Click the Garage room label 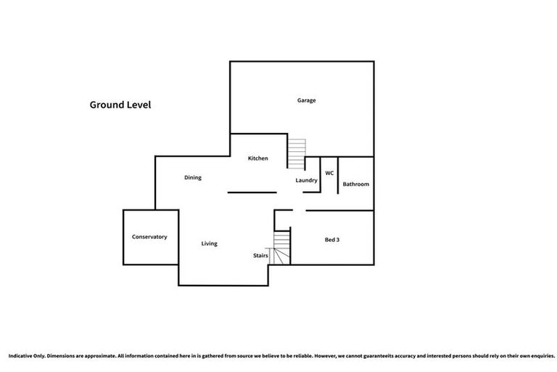pyautogui.click(x=306, y=100)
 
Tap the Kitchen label pyautogui.click(x=258, y=158)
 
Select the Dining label pyautogui.click(x=192, y=177)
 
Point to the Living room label pyautogui.click(x=209, y=243)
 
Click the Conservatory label pyautogui.click(x=149, y=237)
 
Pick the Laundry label pyautogui.click(x=307, y=180)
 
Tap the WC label pyautogui.click(x=329, y=173)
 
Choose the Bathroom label pyautogui.click(x=356, y=185)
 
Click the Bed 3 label pyautogui.click(x=332, y=239)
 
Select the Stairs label pyautogui.click(x=260, y=256)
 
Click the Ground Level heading pyautogui.click(x=120, y=105)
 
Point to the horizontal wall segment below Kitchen pyautogui.click(x=252, y=193)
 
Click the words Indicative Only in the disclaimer pyautogui.click(x=27, y=356)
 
